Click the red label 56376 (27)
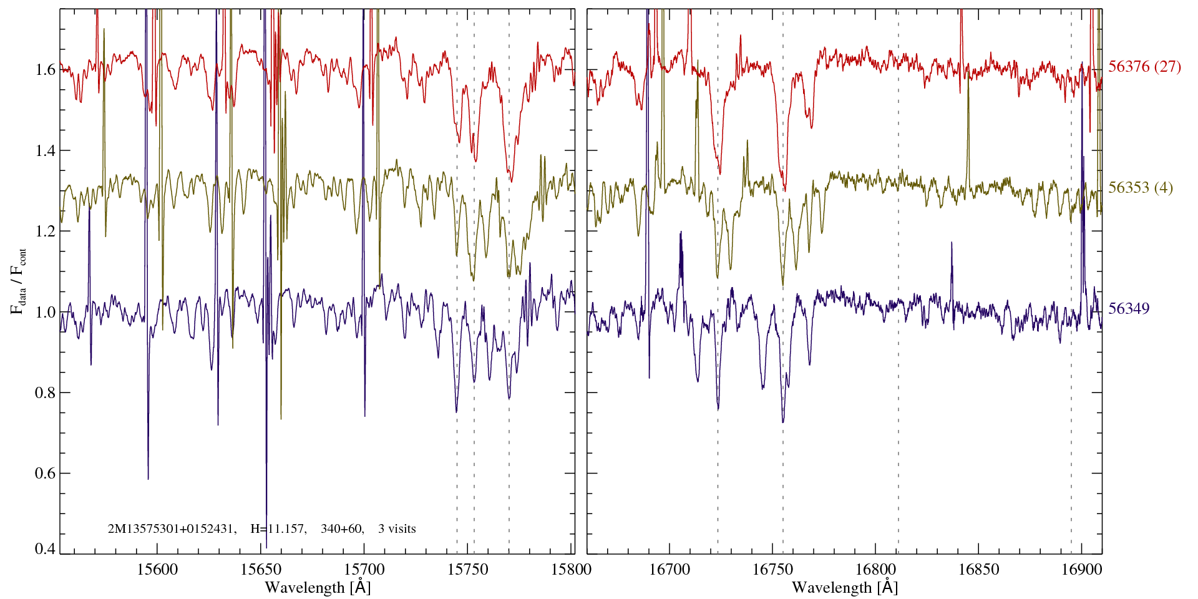click(1144, 67)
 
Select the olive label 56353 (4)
click(1140, 188)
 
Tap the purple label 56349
click(1129, 309)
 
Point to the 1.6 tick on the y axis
click(46, 69)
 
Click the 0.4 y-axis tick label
click(46, 549)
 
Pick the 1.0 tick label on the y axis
click(46, 312)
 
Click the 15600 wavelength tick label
click(157, 569)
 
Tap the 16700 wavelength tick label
click(670, 569)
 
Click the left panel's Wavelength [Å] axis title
click(318, 587)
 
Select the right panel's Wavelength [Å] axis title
click(845, 587)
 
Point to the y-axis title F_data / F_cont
click(19, 281)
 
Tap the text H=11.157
click(278, 529)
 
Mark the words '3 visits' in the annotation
click(397, 529)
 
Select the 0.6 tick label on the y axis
click(46, 473)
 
